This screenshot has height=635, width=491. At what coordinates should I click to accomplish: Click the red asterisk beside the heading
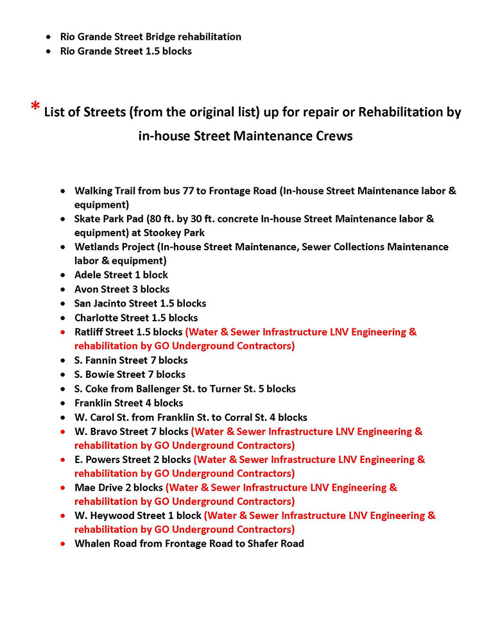click(x=36, y=107)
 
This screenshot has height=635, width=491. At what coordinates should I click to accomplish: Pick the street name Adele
click(x=89, y=275)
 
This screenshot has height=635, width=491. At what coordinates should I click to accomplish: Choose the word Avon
click(x=87, y=289)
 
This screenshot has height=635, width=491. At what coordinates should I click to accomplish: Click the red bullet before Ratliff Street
click(x=62, y=332)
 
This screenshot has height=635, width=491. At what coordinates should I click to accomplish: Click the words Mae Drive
click(x=99, y=487)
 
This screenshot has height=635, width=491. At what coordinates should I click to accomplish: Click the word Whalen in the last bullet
click(x=91, y=543)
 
